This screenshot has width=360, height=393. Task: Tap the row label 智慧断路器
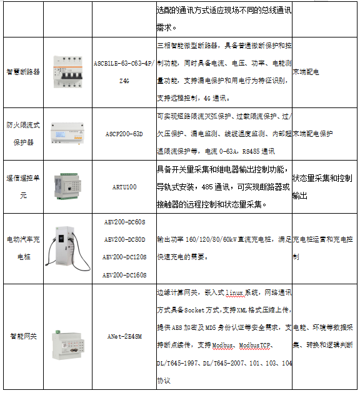(22, 72)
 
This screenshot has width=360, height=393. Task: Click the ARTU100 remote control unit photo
(67, 186)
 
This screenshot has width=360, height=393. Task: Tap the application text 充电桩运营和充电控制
(324, 248)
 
